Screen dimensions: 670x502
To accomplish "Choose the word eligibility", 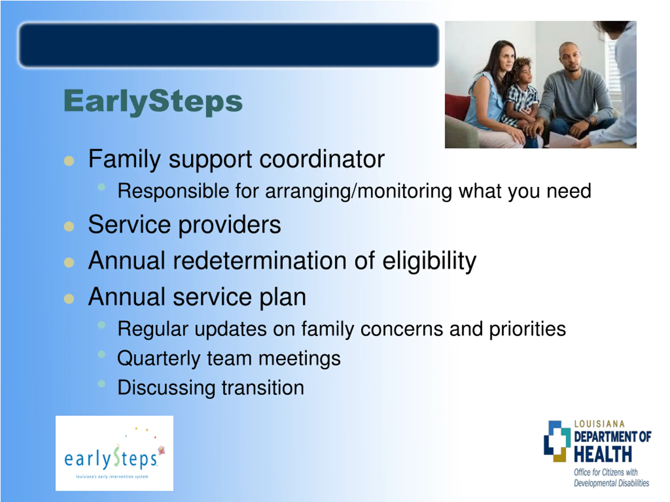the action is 429,261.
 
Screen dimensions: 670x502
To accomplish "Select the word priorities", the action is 528,329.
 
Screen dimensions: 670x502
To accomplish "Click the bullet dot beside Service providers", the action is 69,227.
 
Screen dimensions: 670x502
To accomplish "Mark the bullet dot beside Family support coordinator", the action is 69,161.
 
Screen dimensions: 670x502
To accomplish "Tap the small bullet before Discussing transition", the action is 102,384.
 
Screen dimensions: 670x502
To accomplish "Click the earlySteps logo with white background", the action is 114,453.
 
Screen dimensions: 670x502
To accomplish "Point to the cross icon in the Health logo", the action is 557,442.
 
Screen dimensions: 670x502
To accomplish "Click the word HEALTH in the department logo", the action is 603,454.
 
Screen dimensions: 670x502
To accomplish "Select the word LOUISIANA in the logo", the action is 599,424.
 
